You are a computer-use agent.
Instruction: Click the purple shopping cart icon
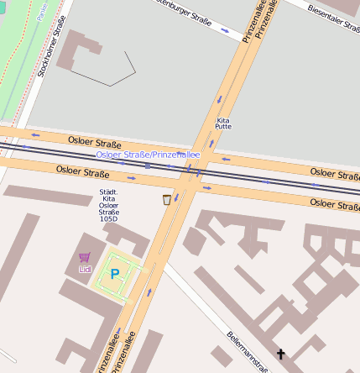point(84,258)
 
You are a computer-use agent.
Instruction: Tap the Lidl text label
point(84,269)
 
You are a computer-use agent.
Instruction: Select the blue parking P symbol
point(115,274)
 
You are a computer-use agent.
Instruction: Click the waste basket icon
point(166,199)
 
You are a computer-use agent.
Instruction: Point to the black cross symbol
point(280,355)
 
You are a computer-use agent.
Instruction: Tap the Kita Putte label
point(223,123)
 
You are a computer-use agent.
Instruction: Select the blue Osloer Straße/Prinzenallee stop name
point(148,155)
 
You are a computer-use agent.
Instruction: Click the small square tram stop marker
point(148,165)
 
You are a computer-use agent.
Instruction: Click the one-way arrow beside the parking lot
point(150,292)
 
